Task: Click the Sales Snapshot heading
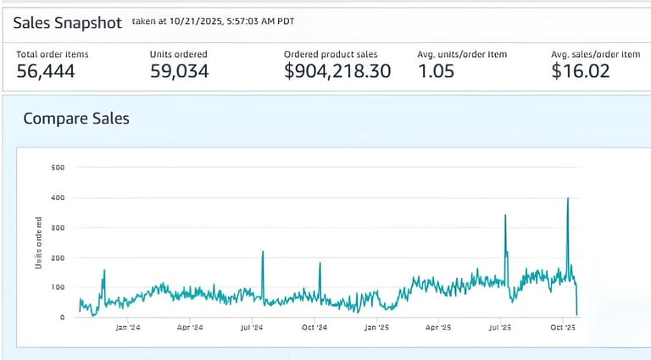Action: point(68,23)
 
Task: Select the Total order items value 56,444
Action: point(46,72)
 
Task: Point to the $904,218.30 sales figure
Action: point(337,72)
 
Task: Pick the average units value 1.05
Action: point(436,72)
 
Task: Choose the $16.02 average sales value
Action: point(580,72)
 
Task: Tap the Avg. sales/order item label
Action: point(595,54)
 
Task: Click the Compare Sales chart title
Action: point(76,119)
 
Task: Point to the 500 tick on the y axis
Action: point(58,168)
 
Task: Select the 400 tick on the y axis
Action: point(58,197)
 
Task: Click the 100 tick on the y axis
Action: point(58,287)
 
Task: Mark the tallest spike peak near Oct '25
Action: point(567,198)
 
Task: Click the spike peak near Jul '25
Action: point(505,215)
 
